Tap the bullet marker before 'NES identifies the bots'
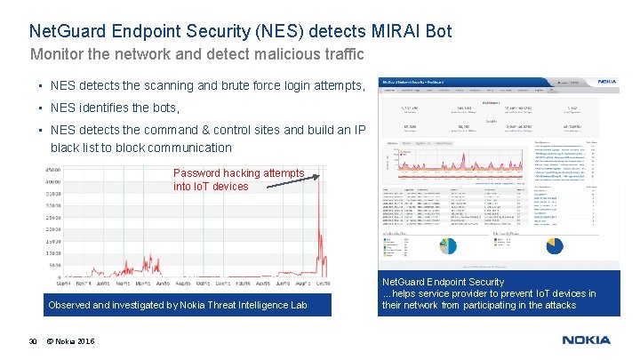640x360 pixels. tap(41, 108)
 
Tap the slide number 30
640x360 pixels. tap(32, 341)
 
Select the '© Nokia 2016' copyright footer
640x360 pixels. tap(72, 341)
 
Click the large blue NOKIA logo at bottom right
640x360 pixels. tap(586, 340)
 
